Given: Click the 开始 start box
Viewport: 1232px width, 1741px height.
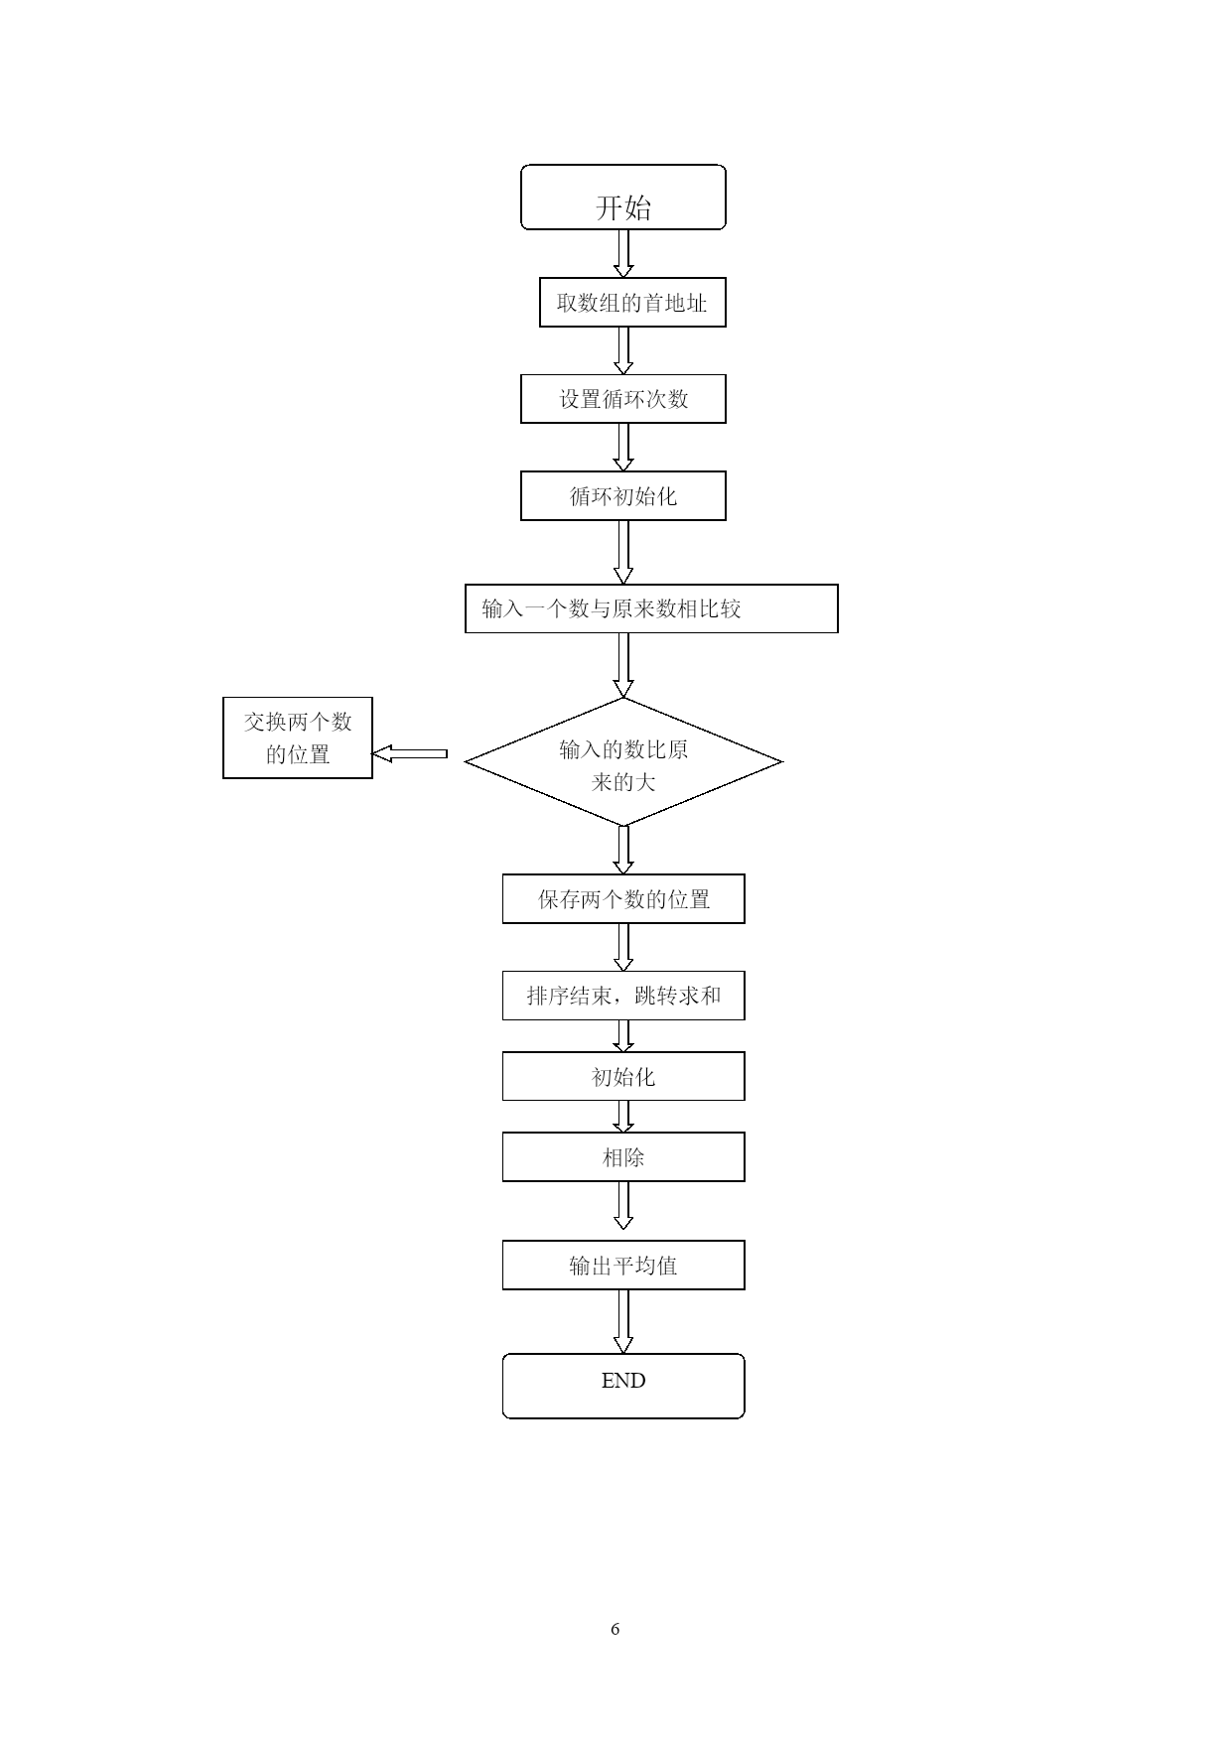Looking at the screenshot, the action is (x=623, y=198).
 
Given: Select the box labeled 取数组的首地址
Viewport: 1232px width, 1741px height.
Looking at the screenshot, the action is (x=632, y=303).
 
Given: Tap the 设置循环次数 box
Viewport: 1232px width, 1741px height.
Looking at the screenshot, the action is (x=623, y=399).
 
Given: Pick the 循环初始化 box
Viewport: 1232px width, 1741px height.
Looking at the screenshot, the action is (x=623, y=495).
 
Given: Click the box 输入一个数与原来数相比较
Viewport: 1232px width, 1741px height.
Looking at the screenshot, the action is (x=651, y=608).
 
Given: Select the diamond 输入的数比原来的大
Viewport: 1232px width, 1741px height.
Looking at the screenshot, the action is (x=623, y=762).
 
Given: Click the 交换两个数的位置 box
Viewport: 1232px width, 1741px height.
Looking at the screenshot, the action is (x=298, y=737).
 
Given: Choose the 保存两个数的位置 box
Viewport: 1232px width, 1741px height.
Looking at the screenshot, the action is (x=623, y=899).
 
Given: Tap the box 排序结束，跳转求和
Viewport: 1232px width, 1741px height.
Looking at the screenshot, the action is (x=623, y=996).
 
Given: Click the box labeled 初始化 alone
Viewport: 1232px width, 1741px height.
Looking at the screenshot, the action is (x=623, y=1077).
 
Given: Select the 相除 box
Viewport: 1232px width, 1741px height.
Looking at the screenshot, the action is (x=623, y=1157).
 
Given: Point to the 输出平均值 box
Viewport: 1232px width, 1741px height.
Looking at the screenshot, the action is (x=623, y=1266).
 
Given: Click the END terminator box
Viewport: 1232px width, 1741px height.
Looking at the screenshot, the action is (x=623, y=1386).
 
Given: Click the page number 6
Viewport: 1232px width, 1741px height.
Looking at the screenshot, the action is (x=616, y=1629).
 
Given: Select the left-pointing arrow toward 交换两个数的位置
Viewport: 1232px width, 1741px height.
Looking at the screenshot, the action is (x=410, y=754).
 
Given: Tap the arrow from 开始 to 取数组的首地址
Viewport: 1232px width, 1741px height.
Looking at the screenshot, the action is (x=623, y=254).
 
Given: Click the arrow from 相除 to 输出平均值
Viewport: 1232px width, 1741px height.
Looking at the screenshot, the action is (x=623, y=1206).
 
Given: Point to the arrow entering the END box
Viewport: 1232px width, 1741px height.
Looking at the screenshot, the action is (x=623, y=1322).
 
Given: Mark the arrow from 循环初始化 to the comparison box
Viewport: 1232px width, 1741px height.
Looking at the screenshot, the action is (x=623, y=552).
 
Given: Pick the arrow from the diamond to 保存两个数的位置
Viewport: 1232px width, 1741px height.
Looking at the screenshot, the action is (x=623, y=850).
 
